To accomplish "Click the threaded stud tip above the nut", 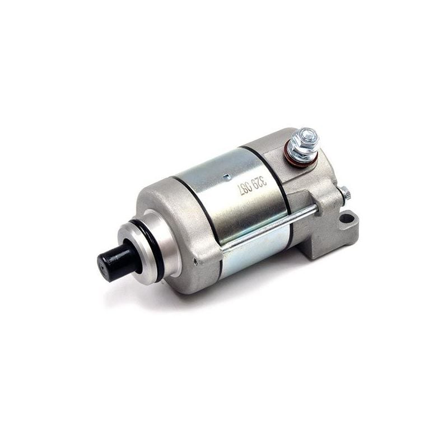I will [308, 133].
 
